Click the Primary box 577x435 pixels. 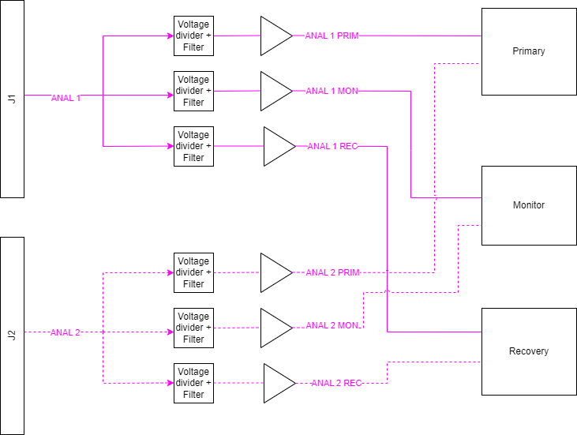click(x=529, y=51)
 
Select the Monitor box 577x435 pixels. click(x=529, y=205)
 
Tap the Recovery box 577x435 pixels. click(x=529, y=351)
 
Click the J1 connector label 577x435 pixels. click(x=12, y=99)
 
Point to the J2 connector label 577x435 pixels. click(x=12, y=336)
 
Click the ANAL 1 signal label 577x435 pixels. click(x=66, y=98)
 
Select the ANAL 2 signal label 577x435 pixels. click(x=66, y=332)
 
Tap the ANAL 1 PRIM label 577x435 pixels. click(x=332, y=36)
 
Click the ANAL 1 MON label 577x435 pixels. click(x=332, y=91)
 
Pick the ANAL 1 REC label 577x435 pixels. click(x=332, y=146)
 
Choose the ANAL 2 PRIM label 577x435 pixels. click(x=332, y=272)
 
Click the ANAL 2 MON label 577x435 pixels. click(x=332, y=325)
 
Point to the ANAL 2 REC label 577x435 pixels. click(x=337, y=383)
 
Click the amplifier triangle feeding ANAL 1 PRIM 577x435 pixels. click(x=276, y=36)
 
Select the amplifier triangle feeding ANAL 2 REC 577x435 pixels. click(x=279, y=383)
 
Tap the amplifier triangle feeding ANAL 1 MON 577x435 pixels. click(x=276, y=91)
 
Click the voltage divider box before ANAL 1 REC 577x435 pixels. click(x=193, y=146)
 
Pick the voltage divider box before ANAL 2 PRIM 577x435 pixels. click(x=193, y=272)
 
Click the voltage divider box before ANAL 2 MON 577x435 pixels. click(x=193, y=328)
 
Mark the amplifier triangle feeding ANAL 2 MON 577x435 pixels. click(x=276, y=328)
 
